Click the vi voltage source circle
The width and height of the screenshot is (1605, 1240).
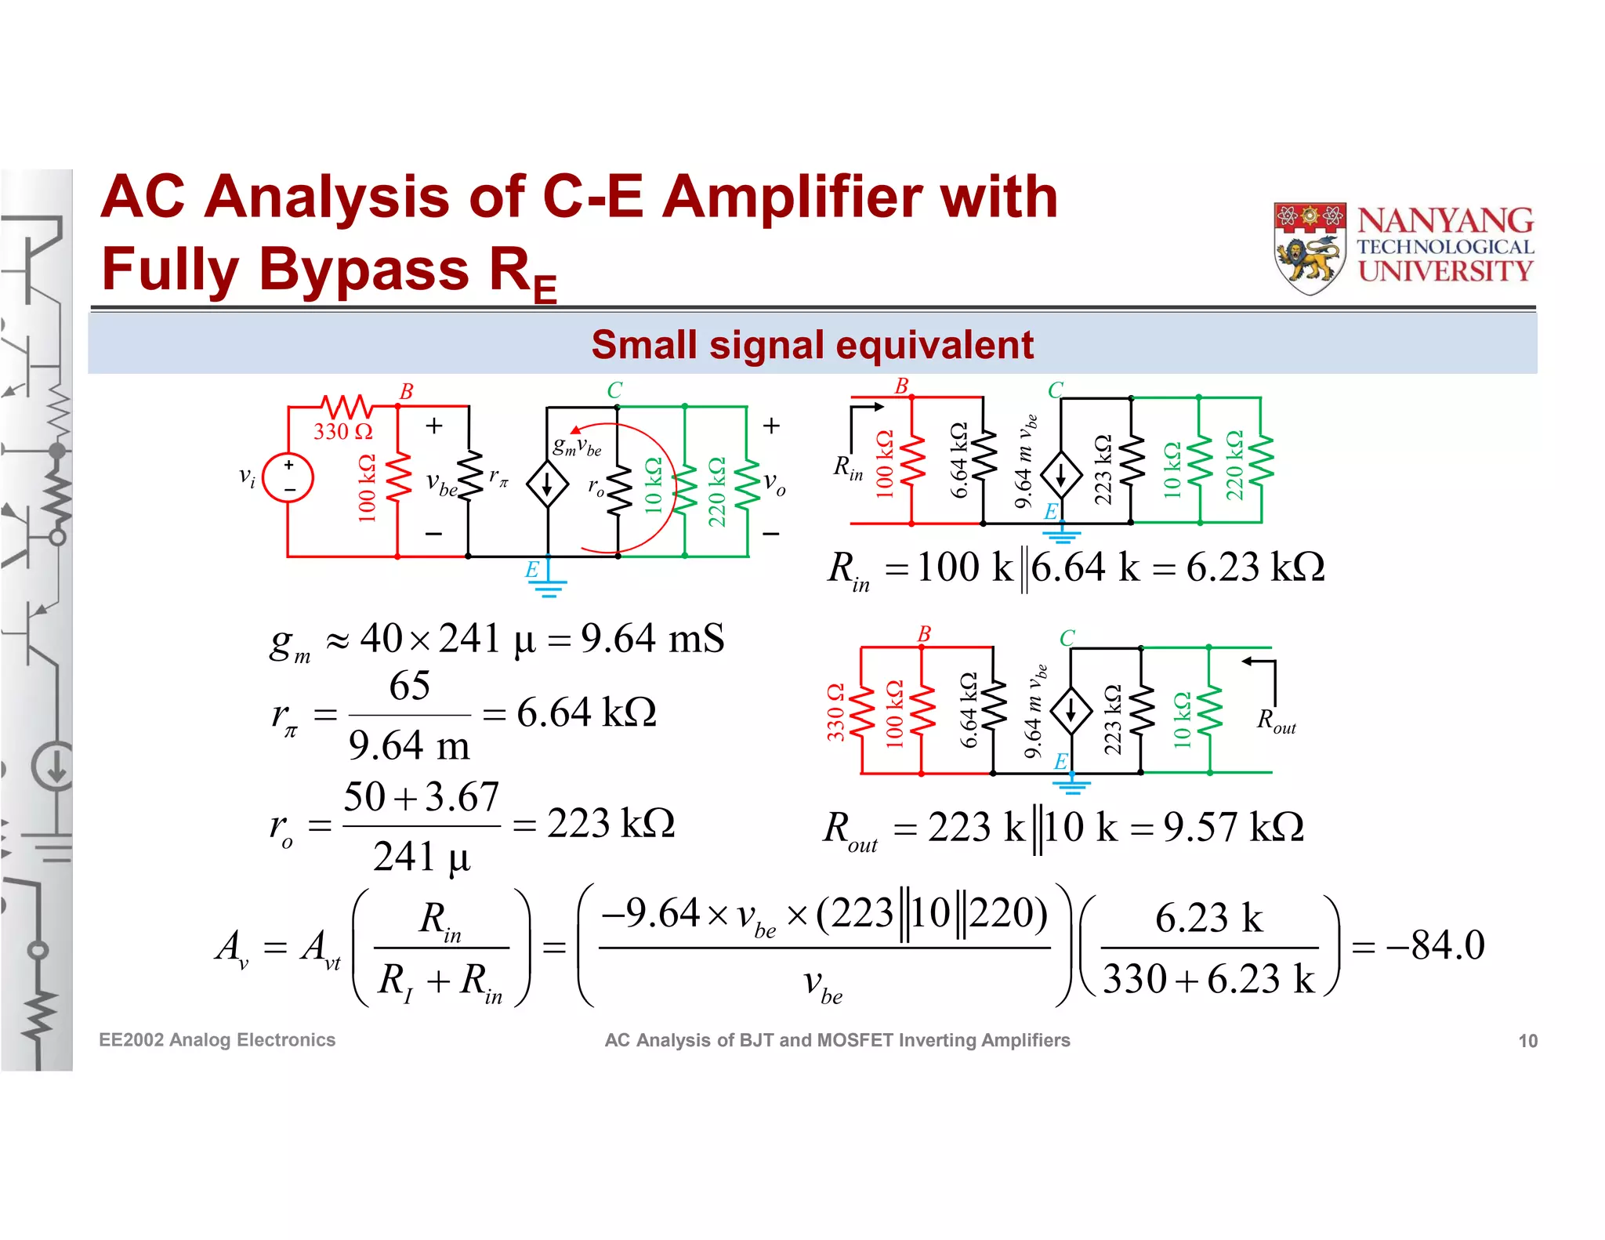click(288, 477)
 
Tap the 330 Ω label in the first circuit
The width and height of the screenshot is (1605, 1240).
click(342, 431)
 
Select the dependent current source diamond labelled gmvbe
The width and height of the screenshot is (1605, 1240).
click(547, 484)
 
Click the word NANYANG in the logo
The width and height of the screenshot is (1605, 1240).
click(1445, 221)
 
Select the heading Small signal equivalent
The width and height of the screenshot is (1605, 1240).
click(812, 345)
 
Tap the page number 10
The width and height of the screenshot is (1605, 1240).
click(1527, 1041)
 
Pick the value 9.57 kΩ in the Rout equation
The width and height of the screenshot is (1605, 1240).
click(1234, 827)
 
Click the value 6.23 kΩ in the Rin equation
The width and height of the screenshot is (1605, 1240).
click(1255, 567)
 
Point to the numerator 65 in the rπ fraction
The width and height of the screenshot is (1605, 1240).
click(409, 686)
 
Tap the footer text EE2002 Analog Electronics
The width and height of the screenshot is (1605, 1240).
click(217, 1040)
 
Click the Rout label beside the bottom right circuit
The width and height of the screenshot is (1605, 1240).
click(1276, 720)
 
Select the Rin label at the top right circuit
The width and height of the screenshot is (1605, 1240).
click(848, 468)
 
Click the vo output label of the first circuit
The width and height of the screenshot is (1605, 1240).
click(774, 483)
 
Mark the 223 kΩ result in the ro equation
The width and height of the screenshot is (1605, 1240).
click(610, 823)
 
